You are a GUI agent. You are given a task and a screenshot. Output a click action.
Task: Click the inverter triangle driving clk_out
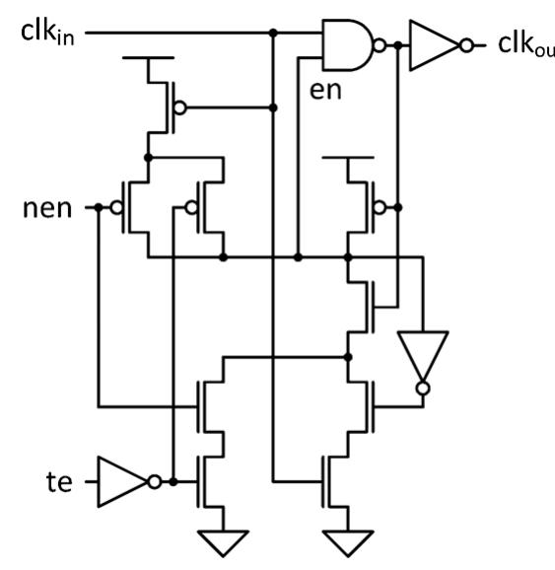click(x=433, y=45)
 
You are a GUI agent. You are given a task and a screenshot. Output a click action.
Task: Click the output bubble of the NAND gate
click(x=380, y=45)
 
